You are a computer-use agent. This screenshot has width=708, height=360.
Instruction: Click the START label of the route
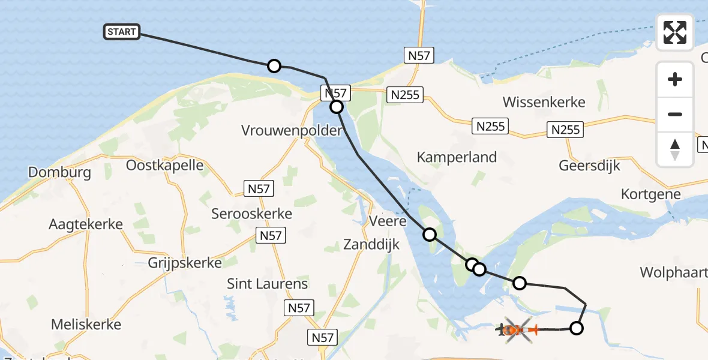pyautogui.click(x=122, y=32)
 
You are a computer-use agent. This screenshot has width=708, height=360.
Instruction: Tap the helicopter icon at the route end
pyautogui.click(x=514, y=329)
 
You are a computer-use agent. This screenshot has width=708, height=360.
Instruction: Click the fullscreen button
pyautogui.click(x=675, y=32)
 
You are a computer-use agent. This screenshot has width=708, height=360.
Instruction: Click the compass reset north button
pyautogui.click(x=675, y=149)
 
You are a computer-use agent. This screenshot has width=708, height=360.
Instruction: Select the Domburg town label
pyautogui.click(x=59, y=173)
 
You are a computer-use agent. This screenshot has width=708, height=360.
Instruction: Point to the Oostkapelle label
pyautogui.click(x=164, y=165)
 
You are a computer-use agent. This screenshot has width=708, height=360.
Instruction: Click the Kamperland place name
pyautogui.click(x=457, y=157)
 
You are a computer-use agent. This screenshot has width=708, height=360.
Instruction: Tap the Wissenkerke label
pyautogui.click(x=544, y=102)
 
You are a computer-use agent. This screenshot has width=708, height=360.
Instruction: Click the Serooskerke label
pyautogui.click(x=252, y=214)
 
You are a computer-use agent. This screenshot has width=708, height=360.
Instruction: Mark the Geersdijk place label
pyautogui.click(x=589, y=165)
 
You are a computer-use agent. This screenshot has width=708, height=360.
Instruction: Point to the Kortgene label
pyautogui.click(x=651, y=194)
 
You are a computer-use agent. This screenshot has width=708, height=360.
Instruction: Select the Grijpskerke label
pyautogui.click(x=185, y=263)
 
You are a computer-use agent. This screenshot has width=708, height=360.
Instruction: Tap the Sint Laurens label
pyautogui.click(x=267, y=284)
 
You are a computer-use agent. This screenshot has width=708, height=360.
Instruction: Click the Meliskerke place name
pyautogui.click(x=86, y=325)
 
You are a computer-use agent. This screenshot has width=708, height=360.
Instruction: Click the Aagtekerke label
pyautogui.click(x=86, y=224)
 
